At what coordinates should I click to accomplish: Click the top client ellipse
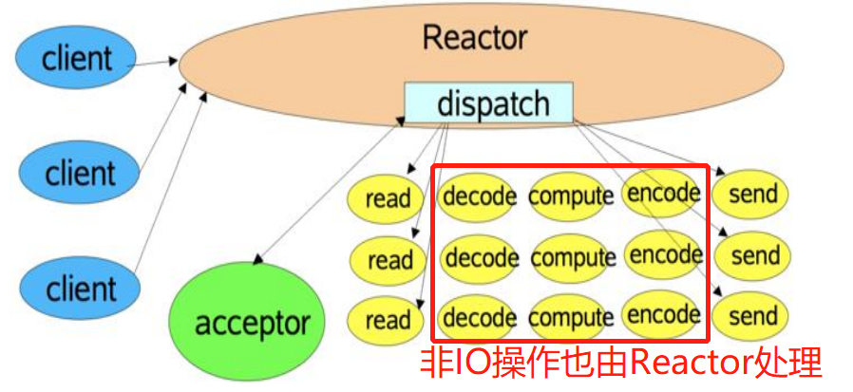pos(77,58)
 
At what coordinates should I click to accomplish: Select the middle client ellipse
pos(80,174)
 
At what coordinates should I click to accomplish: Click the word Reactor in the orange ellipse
pos(475,38)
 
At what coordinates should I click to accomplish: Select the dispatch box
pos(489,103)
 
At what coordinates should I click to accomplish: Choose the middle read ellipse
pos(389,259)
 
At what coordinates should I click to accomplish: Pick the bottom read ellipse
pos(388,320)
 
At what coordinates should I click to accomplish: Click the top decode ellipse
pos(479,196)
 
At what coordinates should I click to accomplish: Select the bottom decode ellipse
pos(481,317)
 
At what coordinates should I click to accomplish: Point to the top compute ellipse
pos(571,196)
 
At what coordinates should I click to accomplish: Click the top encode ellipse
pos(664,193)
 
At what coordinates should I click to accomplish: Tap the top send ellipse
pos(752,195)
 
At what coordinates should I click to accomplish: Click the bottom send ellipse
pos(753,316)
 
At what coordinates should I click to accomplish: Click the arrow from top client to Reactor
pos(152,63)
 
